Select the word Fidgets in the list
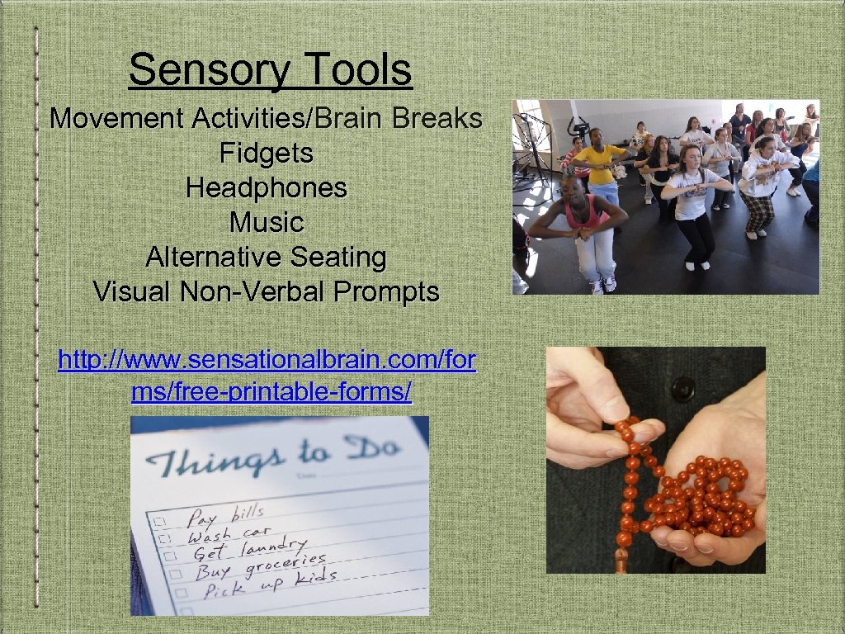pyautogui.click(x=266, y=153)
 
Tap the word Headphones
pyautogui.click(x=266, y=187)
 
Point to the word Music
pyautogui.click(x=266, y=222)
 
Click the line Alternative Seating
pyautogui.click(x=266, y=257)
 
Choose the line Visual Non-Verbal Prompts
pyautogui.click(x=266, y=291)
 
